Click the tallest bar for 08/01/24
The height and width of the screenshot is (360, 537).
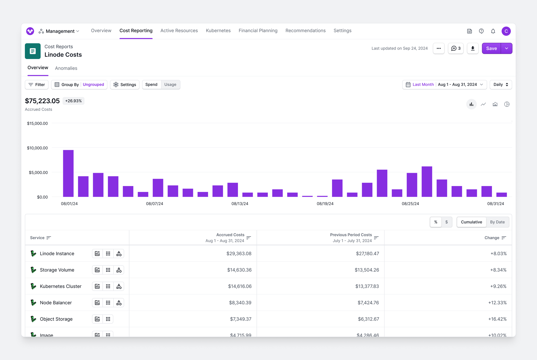tap(68, 173)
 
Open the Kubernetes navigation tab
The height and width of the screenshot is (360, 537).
tap(218, 30)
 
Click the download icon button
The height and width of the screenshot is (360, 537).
tap(473, 48)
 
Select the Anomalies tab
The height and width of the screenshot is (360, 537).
tap(66, 68)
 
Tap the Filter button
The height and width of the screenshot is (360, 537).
tap(37, 84)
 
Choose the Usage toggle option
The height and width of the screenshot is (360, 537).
tap(170, 84)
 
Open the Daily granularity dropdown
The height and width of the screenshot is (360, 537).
tap(501, 84)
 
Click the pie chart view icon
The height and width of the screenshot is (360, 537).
tap(507, 104)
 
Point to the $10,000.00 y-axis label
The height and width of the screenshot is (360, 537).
tap(37, 148)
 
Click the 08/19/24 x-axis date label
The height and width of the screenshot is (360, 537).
tap(325, 204)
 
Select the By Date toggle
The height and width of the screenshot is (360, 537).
tap(497, 222)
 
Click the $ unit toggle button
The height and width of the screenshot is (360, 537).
tap(447, 222)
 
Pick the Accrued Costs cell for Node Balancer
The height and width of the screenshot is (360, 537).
tap(240, 303)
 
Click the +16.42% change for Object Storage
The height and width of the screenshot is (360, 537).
tap(497, 319)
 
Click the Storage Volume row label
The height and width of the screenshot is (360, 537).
tap(57, 270)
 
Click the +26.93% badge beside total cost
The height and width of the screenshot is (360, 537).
tap(73, 101)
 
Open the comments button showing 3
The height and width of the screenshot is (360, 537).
tap(456, 48)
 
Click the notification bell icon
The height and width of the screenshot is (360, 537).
tap(493, 31)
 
